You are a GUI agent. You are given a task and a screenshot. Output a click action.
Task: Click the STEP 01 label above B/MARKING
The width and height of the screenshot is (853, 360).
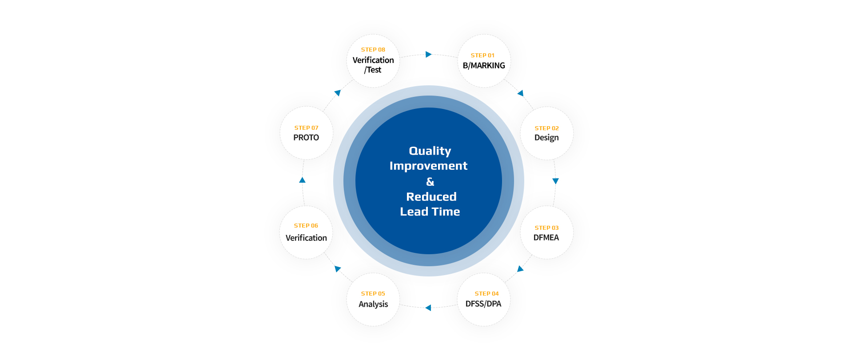coord(482,56)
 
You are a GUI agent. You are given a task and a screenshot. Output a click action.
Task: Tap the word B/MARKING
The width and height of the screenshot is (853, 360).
coord(484,66)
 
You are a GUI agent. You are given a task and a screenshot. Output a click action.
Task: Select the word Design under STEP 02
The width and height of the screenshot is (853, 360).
coord(546,138)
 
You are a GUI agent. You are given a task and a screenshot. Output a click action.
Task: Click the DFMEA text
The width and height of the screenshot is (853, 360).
coord(546,237)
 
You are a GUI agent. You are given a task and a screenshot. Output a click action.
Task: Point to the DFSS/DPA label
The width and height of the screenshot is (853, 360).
coord(483,304)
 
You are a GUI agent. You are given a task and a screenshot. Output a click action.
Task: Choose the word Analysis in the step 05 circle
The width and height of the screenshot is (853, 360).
coord(373,304)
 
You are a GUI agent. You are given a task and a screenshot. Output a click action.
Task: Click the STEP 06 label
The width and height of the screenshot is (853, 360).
coord(306,226)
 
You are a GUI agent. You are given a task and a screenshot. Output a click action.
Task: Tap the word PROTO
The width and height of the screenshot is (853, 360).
coord(306,138)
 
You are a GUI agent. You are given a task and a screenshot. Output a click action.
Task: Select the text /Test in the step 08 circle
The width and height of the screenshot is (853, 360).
coord(373,70)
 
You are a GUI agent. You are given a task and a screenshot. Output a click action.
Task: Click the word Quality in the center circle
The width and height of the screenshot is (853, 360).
coord(430,151)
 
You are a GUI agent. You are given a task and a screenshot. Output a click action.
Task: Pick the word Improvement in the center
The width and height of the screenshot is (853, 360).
coord(429,166)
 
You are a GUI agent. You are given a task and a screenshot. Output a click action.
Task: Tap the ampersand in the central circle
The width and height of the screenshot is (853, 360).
coord(430,181)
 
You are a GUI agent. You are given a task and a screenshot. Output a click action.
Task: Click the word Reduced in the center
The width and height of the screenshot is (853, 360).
coord(431,196)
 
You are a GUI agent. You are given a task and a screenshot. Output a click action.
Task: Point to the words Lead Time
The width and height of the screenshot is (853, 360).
coord(430,212)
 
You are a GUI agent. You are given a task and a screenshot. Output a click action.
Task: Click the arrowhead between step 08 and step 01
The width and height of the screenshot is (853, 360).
coord(429,54)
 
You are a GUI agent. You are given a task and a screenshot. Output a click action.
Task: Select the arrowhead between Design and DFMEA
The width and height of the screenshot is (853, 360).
coord(555,181)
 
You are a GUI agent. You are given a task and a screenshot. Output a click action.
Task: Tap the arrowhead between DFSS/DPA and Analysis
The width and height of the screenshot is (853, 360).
coord(428,308)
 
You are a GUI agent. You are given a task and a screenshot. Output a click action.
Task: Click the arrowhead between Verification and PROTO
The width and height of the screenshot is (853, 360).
coord(302,180)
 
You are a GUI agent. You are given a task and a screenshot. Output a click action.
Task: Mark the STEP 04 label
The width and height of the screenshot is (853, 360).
coord(486,294)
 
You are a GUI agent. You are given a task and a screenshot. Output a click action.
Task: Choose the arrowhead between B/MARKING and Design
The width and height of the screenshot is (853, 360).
coord(521,93)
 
